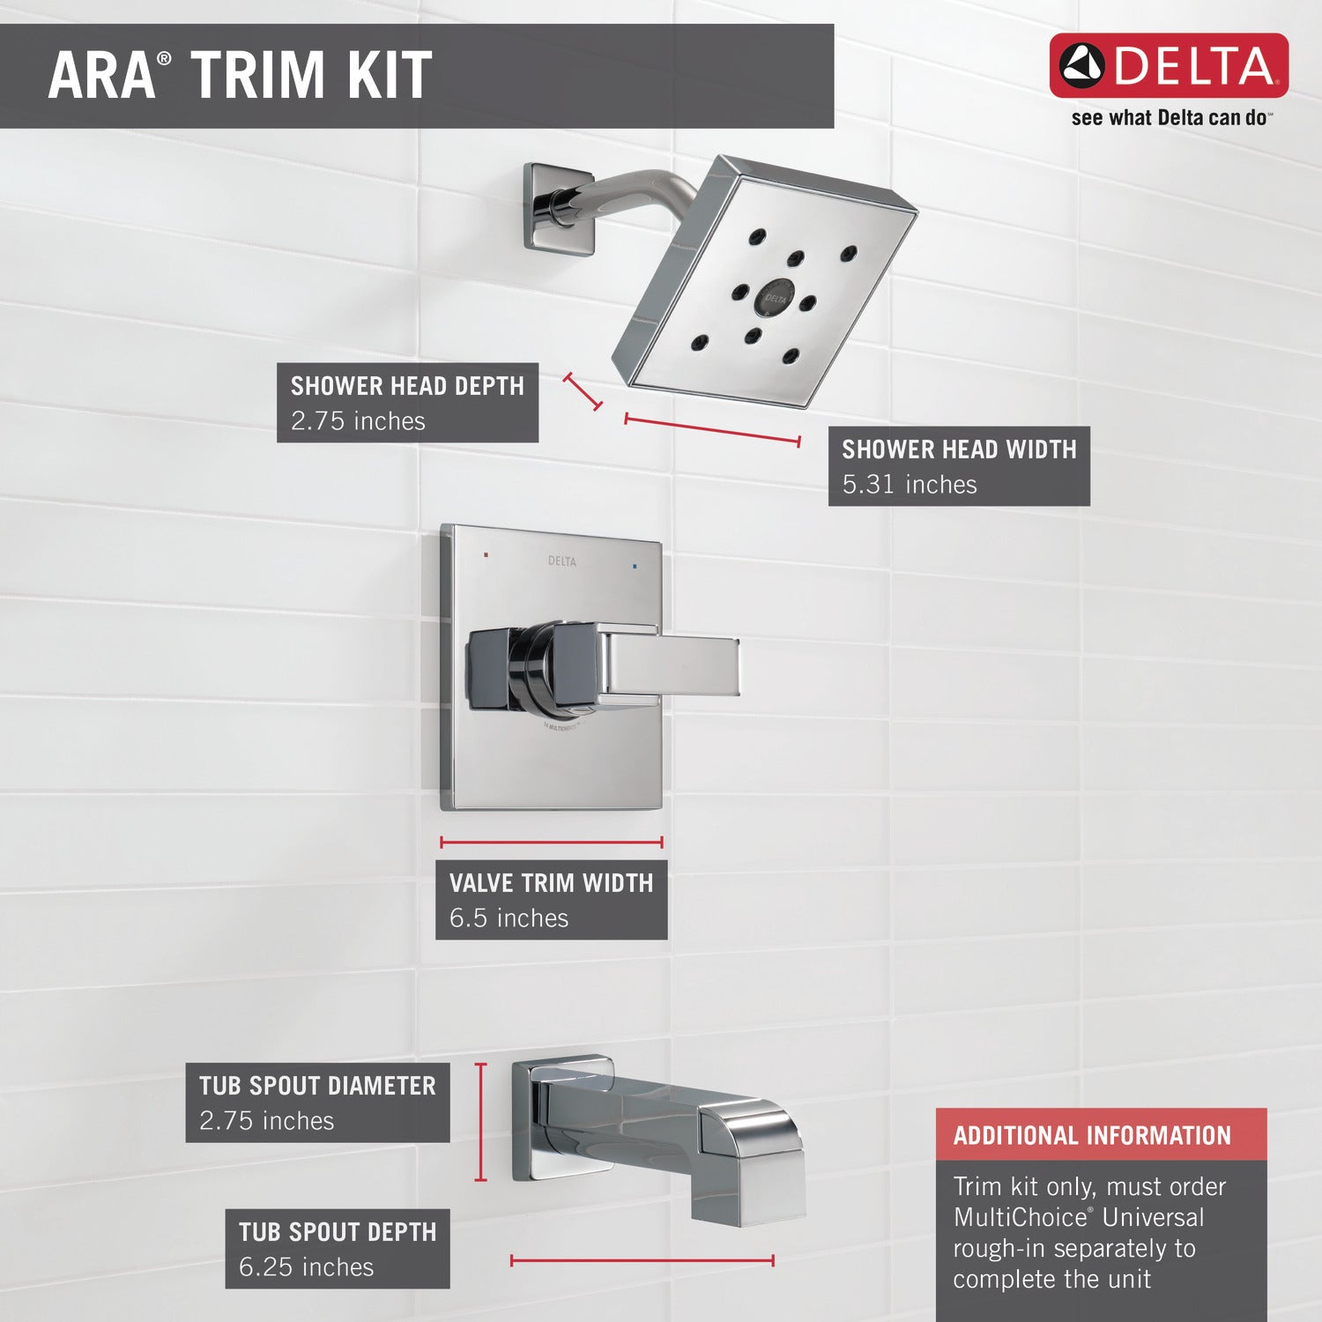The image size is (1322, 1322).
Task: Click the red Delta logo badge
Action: point(1169,65)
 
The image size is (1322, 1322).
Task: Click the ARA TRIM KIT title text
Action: point(240,75)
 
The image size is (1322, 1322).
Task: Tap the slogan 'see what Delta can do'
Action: point(1171,117)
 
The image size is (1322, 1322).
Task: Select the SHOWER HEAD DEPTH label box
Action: point(407,403)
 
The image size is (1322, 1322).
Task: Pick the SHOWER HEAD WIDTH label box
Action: point(959,466)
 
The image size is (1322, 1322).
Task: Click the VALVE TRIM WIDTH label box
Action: point(552,900)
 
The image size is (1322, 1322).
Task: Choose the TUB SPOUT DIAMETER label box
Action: point(317,1103)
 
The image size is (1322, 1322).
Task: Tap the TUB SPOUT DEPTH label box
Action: point(338,1249)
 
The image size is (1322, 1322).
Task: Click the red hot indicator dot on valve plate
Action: point(486,556)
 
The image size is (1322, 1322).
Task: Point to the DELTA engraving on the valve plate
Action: point(561,561)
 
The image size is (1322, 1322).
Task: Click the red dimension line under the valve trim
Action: point(552,843)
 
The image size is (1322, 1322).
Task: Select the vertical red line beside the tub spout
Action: point(480,1122)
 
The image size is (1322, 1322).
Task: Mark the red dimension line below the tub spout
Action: point(642,1261)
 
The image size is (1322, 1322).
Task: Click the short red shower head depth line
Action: point(583,391)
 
